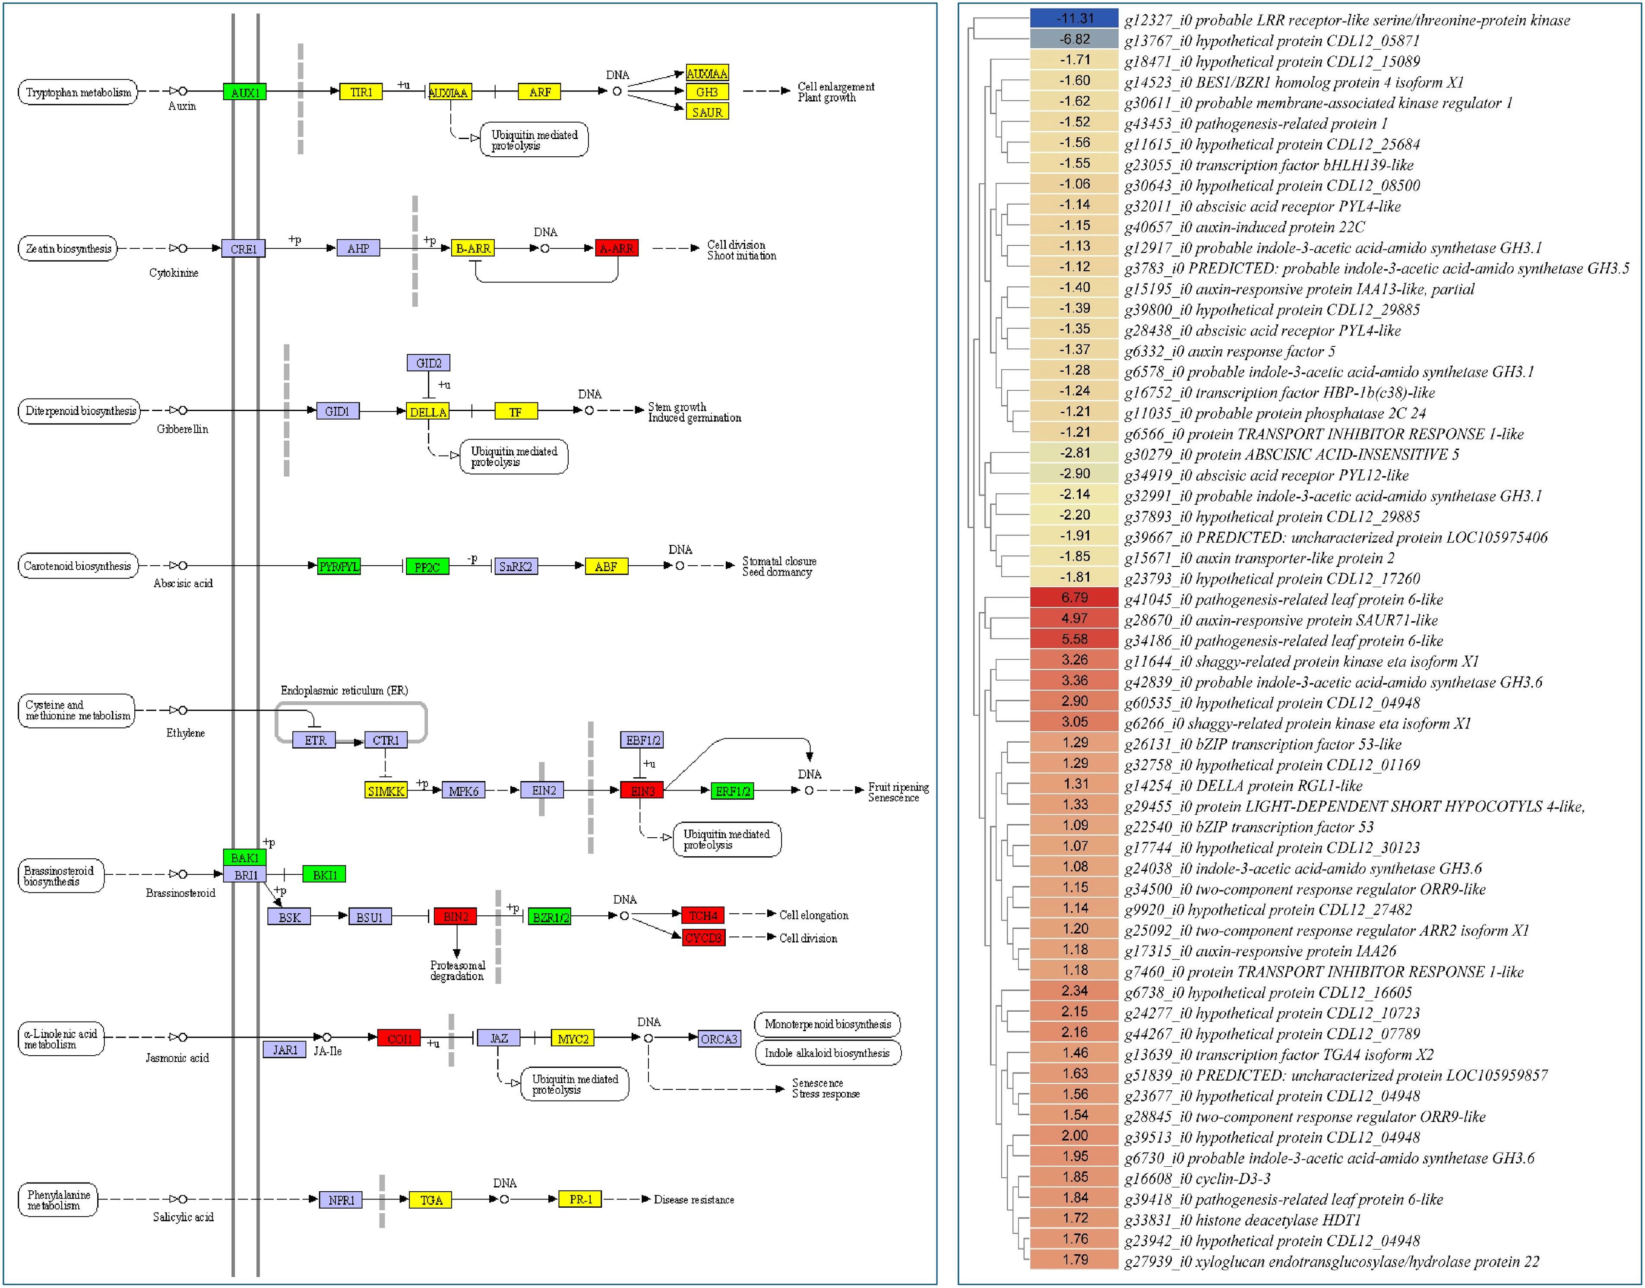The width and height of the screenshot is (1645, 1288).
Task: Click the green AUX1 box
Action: [x=244, y=92]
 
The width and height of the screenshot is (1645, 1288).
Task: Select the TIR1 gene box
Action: [x=361, y=92]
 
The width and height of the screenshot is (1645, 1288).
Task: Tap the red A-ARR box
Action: [x=616, y=248]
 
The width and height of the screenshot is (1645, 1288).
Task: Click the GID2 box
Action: [x=428, y=363]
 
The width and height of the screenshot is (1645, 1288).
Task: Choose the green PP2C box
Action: [x=427, y=566]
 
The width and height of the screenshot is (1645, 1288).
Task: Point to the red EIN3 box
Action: [x=642, y=790]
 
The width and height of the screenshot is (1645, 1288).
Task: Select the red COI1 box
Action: [x=399, y=1038]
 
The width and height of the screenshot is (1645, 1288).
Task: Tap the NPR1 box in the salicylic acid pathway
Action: [x=341, y=1200]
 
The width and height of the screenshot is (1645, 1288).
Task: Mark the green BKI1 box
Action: [x=324, y=875]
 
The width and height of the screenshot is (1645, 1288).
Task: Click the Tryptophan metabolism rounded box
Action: [x=78, y=92]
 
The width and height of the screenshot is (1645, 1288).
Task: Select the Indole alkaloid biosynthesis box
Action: [x=827, y=1053]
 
